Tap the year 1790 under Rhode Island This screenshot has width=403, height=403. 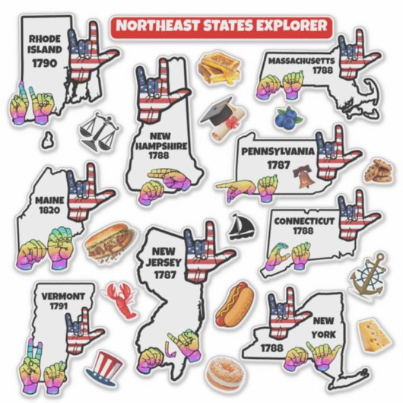[x=45, y=63]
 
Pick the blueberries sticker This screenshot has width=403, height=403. [x=287, y=117]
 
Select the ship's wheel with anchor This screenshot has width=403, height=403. [x=368, y=278]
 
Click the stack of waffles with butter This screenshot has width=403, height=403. [x=215, y=69]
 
